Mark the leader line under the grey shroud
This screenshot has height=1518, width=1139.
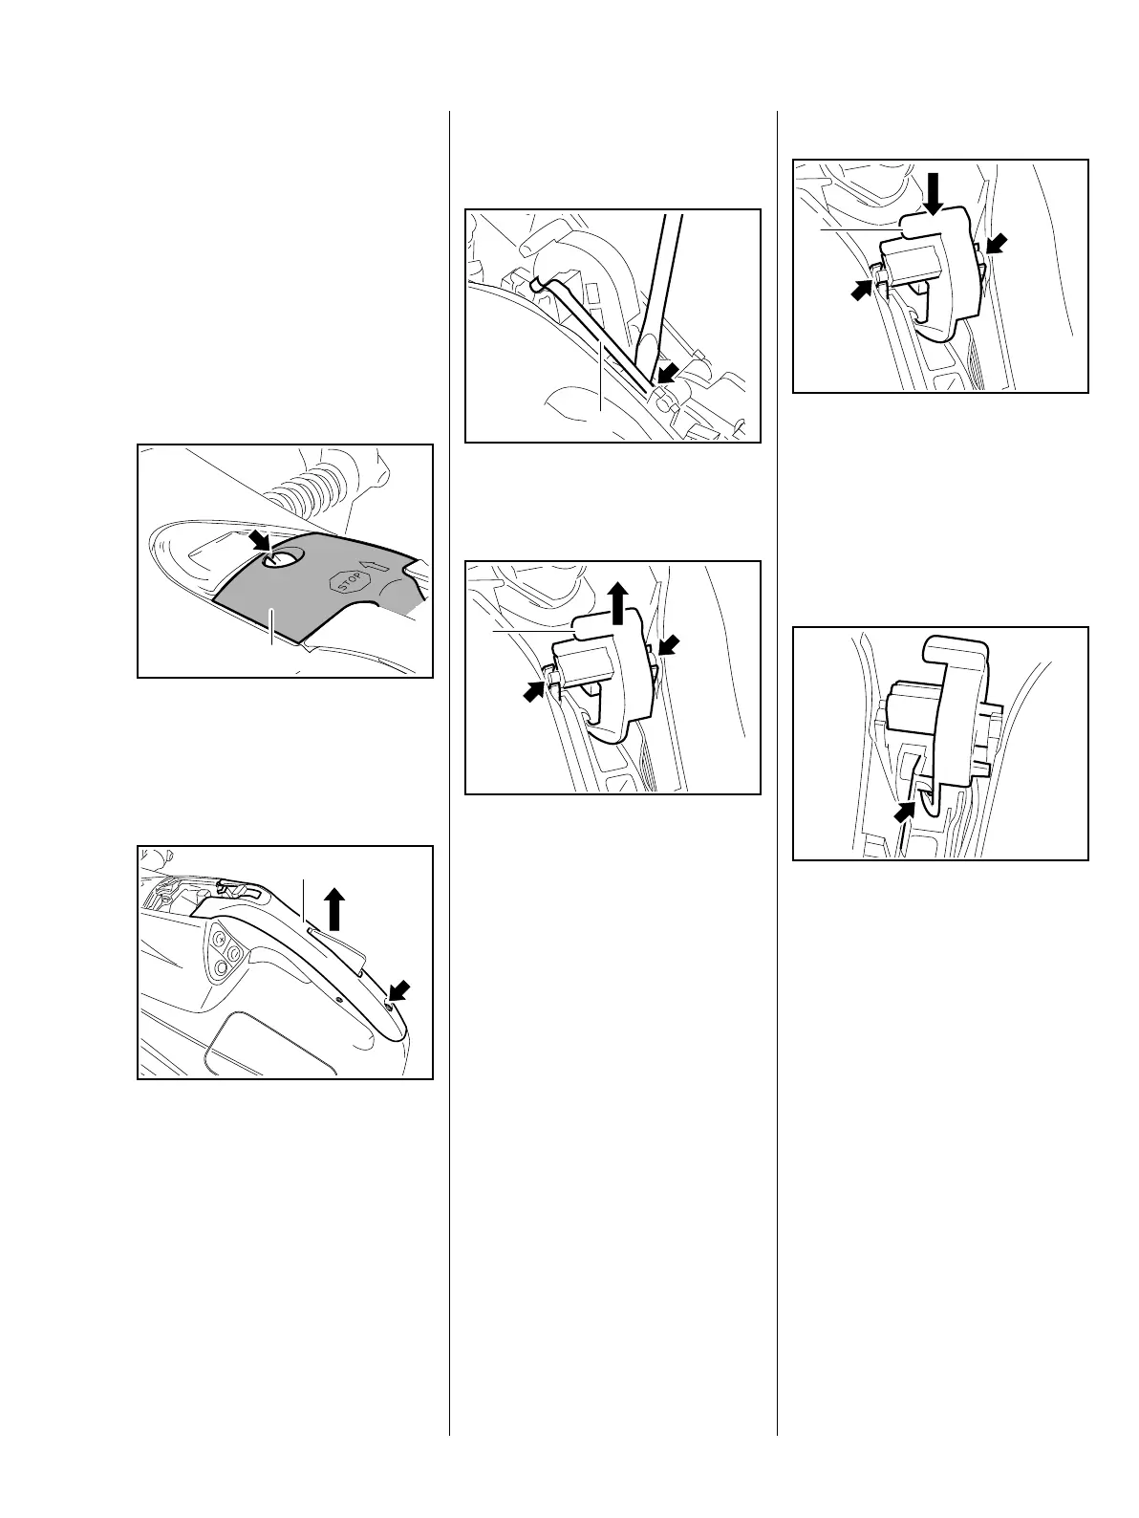tap(272, 632)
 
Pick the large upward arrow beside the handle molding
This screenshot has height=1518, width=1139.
tap(334, 908)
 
